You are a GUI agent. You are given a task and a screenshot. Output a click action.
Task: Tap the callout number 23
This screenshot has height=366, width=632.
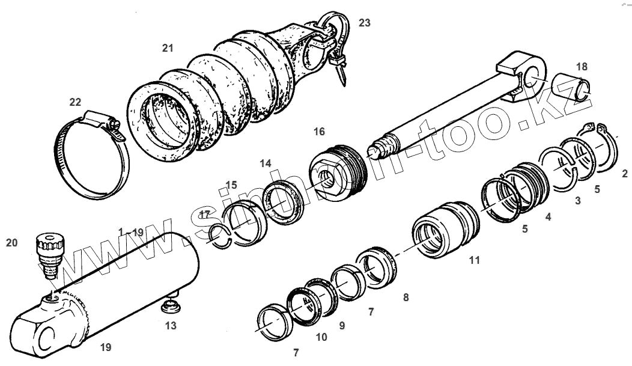point(365,23)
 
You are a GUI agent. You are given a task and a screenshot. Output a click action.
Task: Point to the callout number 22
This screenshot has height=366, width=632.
point(75,102)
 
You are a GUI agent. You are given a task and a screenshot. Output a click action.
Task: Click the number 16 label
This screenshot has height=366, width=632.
point(318,131)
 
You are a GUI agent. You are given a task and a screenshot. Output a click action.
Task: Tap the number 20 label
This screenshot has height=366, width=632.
point(12,243)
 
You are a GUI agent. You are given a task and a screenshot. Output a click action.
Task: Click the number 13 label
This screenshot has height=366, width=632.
point(171,326)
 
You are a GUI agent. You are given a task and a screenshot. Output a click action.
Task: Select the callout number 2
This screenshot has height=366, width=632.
point(625,174)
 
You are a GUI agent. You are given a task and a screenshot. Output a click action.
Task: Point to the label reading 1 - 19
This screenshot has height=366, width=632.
point(131,232)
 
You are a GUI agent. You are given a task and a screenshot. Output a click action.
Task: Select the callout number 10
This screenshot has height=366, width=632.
point(321,337)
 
